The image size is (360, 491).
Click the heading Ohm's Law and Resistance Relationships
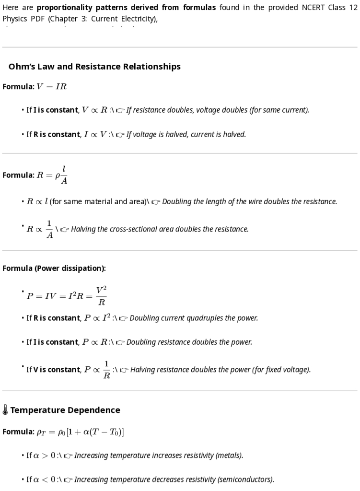point(94,67)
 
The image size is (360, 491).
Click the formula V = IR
point(52,87)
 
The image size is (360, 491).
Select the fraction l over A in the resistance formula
point(64,175)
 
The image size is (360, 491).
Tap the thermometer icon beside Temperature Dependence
point(5,410)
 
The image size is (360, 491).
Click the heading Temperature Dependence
point(65,410)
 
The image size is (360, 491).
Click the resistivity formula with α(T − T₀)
point(80,432)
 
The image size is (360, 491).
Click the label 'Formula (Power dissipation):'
point(54,269)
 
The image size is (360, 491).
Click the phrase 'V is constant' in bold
point(56,370)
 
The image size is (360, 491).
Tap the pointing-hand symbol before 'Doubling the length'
point(156,202)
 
